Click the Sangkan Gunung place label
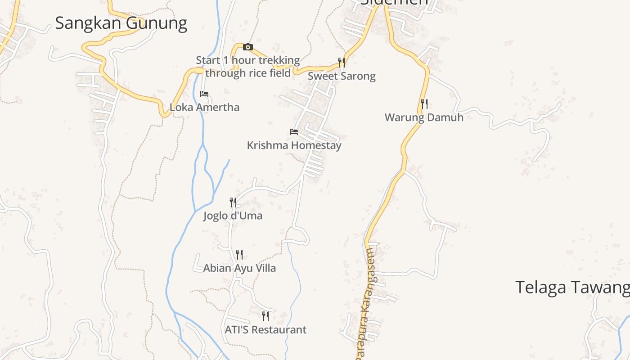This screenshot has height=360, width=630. (121, 23)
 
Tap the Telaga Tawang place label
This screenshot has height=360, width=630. (572, 287)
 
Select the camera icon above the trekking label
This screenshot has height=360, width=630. (247, 47)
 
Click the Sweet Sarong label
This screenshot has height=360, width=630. (342, 76)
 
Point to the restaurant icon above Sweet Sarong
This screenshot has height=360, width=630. (342, 62)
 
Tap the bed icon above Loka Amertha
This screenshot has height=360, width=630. (204, 94)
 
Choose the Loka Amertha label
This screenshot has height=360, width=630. (204, 108)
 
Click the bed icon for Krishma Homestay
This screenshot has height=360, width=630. (294, 132)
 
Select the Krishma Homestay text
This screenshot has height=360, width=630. (294, 145)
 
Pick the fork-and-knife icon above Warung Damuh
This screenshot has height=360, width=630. (424, 104)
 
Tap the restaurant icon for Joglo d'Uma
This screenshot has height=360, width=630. (233, 202)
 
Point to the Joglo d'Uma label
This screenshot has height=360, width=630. (233, 216)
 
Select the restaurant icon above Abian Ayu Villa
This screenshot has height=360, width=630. (239, 255)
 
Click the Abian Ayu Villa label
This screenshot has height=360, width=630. (239, 268)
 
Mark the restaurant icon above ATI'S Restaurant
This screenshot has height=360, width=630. (265, 316)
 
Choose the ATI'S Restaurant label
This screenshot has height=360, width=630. (265, 330)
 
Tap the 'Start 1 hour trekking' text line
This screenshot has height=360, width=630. (247, 60)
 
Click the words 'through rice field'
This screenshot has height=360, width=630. (247, 73)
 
